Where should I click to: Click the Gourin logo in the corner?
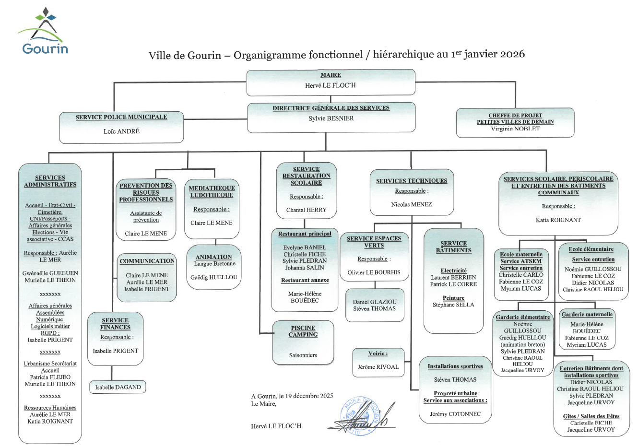tap(44, 31)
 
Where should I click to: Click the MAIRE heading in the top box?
tap(331, 75)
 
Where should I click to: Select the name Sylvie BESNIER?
tap(331, 118)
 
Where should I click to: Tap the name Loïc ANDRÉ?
tap(121, 131)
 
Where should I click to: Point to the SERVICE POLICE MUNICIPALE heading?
tap(121, 117)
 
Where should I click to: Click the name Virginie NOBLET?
tap(515, 129)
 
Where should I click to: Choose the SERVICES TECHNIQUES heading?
tap(412, 181)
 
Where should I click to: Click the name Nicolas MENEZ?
tap(412, 204)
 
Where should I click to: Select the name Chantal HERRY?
tap(306, 210)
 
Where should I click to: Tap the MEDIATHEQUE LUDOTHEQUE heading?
tap(212, 191)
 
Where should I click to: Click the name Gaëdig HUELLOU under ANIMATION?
tap(214, 277)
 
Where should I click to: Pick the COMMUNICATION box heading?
tap(147, 261)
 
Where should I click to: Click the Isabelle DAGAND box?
tap(118, 387)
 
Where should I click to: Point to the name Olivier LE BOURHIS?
tap(374, 272)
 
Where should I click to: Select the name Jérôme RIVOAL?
tap(378, 367)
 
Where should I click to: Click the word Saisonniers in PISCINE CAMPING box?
tap(303, 355)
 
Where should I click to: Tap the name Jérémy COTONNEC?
tap(455, 414)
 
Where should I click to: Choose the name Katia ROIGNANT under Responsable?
tap(558, 220)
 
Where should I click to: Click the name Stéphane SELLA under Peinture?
tap(453, 305)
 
